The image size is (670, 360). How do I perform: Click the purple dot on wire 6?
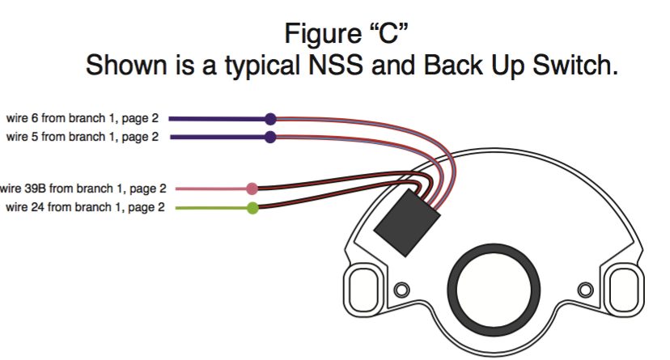pyautogui.click(x=271, y=118)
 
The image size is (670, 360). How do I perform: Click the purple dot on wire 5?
pyautogui.click(x=271, y=137)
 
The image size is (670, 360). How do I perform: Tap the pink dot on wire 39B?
pyautogui.click(x=252, y=189)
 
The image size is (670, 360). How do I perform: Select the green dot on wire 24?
pyautogui.click(x=252, y=209)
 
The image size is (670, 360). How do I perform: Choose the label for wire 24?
pyautogui.click(x=86, y=208)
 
